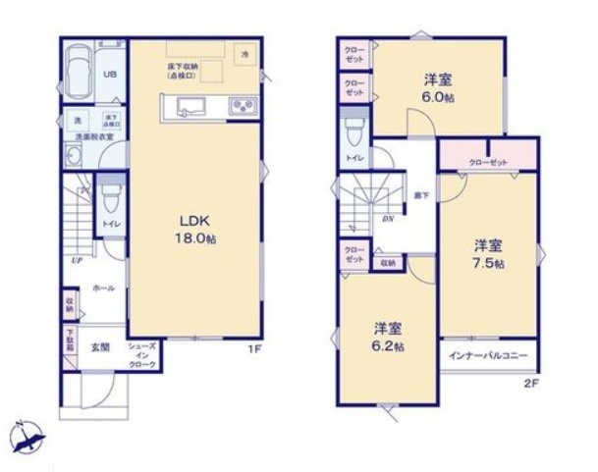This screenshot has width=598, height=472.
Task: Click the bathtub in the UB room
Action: point(75,74)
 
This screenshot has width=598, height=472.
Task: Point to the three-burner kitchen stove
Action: point(242,107)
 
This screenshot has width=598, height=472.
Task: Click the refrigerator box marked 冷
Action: point(245,55)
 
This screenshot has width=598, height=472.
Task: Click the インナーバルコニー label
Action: point(489,354)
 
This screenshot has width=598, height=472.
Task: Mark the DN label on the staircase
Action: point(387,219)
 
